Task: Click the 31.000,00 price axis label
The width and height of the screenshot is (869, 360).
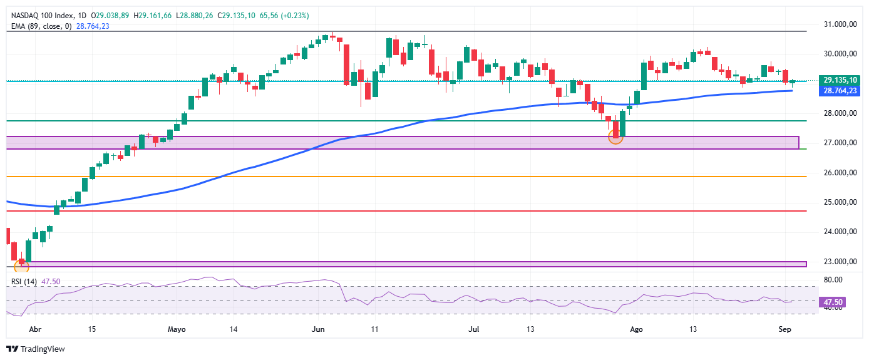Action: click(840, 24)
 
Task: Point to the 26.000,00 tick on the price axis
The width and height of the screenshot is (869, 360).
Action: click(840, 173)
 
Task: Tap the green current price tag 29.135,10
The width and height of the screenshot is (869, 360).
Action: click(840, 80)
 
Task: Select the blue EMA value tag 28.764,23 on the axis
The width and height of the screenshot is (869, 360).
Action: click(840, 91)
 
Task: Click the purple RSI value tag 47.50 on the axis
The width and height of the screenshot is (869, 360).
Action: click(832, 302)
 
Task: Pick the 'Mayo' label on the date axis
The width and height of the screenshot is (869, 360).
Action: click(177, 329)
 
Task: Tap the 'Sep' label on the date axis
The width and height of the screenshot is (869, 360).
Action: click(785, 329)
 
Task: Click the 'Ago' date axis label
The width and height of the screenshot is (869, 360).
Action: click(636, 329)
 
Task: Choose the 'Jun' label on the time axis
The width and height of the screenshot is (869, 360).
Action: click(318, 329)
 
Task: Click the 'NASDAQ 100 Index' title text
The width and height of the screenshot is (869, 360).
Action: click(43, 16)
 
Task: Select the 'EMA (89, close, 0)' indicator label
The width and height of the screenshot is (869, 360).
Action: click(41, 26)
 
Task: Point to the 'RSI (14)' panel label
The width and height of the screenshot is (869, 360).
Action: click(24, 282)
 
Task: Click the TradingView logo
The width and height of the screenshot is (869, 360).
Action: click(36, 349)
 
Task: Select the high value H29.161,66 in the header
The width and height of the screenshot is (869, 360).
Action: click(153, 16)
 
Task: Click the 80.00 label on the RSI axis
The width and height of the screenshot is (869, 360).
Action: click(833, 280)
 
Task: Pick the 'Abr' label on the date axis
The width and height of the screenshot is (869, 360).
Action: click(35, 329)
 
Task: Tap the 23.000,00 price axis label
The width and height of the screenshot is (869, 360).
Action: click(840, 262)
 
